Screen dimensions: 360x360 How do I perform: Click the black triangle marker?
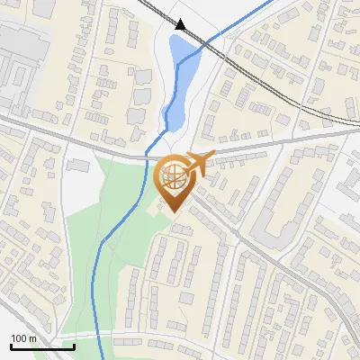coord(180,25)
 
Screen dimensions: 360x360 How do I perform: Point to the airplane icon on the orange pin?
coord(199,164)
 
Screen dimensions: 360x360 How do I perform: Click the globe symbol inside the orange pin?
coord(171,175)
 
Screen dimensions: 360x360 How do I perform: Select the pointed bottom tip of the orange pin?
coord(171,211)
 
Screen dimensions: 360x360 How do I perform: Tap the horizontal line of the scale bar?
coord(42,346)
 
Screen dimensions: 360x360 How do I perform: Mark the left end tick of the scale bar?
coord(11,345)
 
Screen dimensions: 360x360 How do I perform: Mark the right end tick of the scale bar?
coord(74,345)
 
